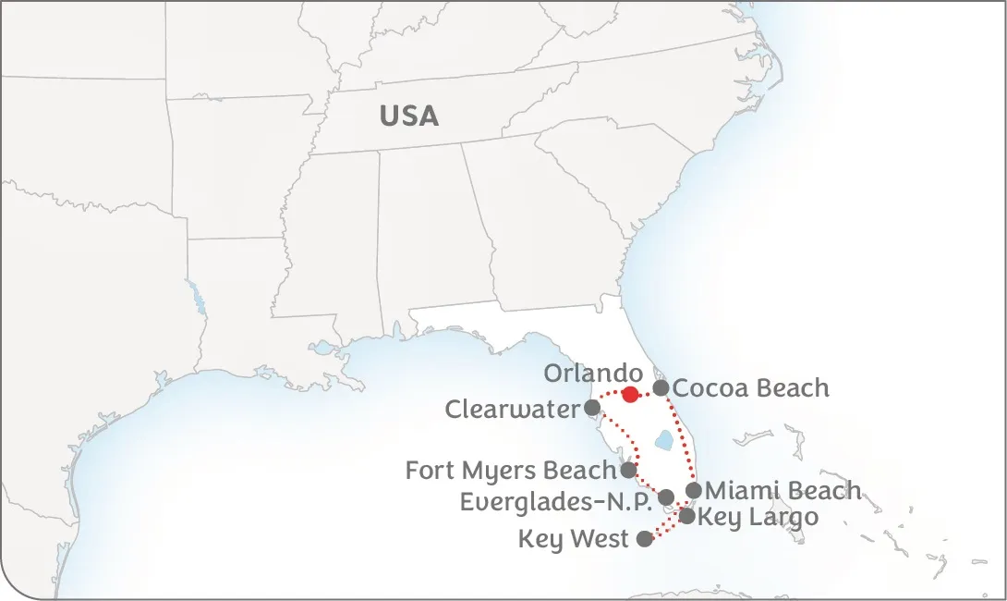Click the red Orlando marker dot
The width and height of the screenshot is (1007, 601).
(630, 395)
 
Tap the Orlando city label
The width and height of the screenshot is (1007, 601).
(592, 374)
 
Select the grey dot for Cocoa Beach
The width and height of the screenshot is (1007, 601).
(661, 388)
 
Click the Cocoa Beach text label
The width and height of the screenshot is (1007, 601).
(750, 388)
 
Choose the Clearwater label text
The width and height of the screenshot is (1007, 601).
(512, 409)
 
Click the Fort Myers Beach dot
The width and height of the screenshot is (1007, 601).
(628, 470)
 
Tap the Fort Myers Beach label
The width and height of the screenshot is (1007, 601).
(511, 471)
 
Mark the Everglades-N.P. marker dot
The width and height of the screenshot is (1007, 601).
(666, 497)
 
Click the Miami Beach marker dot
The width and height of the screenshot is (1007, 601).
(694, 490)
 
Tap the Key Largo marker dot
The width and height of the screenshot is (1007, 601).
(687, 516)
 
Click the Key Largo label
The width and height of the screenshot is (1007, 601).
(758, 517)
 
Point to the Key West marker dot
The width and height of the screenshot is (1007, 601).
(645, 539)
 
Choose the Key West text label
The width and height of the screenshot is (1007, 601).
(573, 539)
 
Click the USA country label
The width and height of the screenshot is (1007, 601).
(408, 116)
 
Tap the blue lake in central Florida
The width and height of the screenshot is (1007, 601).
(663, 441)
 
